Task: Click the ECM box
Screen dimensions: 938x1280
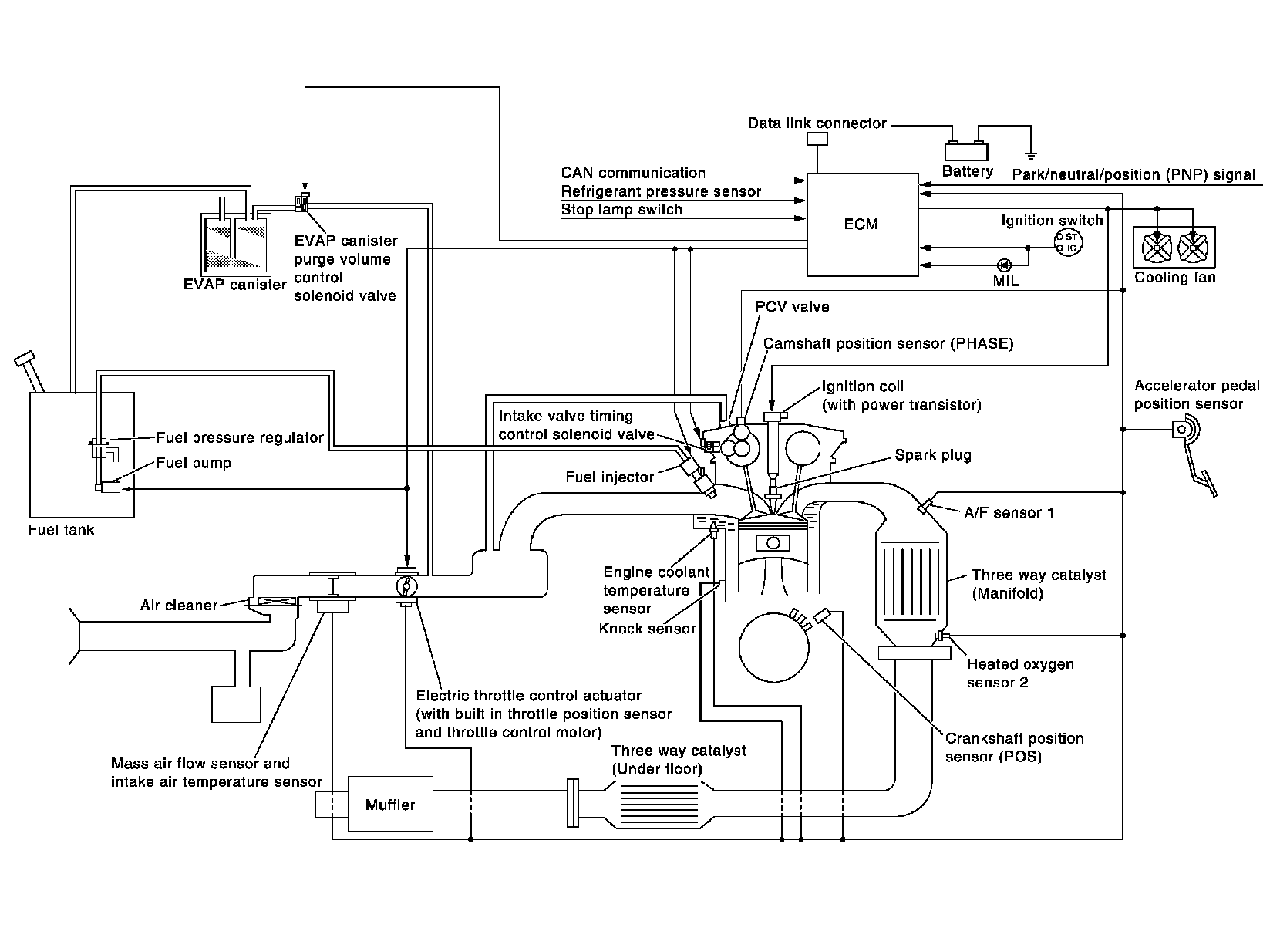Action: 861,224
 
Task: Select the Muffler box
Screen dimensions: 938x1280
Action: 390,805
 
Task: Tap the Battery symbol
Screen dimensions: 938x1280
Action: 967,151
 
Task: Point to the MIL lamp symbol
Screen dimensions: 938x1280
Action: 1004,265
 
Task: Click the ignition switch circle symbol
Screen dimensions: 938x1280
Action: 1069,241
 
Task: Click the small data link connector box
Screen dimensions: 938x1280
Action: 817,139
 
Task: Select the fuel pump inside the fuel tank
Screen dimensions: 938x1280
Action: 111,488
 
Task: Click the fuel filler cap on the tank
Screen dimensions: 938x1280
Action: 25,359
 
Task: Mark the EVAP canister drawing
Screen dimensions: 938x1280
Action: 231,243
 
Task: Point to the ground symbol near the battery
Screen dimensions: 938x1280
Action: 1031,155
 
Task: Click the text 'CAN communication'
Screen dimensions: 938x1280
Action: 633,174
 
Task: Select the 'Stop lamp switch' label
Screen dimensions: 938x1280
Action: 621,209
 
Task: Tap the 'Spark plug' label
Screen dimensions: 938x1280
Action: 932,454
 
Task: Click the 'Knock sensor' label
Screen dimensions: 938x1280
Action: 647,628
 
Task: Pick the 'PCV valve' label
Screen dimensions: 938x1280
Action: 792,307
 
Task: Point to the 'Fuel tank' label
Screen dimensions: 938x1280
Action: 61,530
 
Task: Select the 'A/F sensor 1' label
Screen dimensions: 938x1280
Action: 1009,512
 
